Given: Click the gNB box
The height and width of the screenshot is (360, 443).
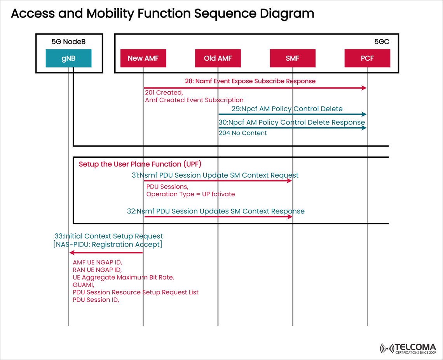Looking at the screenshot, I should click(68, 58).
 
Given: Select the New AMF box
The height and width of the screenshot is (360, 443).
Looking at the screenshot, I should click(143, 58).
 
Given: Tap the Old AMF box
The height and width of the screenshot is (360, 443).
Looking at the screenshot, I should click(218, 58).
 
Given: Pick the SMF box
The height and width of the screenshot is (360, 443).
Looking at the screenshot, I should click(292, 58).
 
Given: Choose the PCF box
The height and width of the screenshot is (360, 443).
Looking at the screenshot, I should click(367, 58).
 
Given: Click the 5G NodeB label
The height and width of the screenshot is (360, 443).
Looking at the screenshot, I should click(68, 42).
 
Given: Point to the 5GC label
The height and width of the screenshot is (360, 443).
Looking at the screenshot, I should click(381, 42).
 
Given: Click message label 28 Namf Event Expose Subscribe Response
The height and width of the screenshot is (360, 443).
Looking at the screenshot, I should click(250, 81).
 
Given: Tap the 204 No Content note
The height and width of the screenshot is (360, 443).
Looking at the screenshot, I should click(243, 133).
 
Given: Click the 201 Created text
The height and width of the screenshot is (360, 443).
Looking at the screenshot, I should click(163, 93).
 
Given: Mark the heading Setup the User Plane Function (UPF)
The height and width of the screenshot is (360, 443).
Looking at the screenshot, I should click(140, 164).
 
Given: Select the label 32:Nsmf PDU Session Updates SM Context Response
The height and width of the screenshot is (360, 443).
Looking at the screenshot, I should click(216, 211).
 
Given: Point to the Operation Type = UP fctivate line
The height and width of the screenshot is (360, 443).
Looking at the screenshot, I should click(190, 194).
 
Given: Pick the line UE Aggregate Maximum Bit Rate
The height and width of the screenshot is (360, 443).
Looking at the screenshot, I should click(123, 277).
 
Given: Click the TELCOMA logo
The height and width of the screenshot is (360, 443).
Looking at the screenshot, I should click(408, 348).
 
